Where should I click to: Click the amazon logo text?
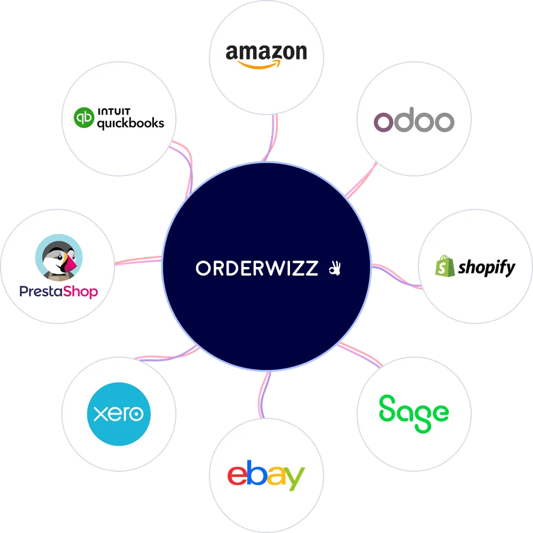pyautogui.click(x=266, y=52)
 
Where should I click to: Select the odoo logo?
pyautogui.click(x=414, y=122)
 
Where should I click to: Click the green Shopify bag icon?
pyautogui.click(x=445, y=266)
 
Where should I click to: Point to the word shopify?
pyautogui.click(x=487, y=268)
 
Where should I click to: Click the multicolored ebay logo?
pyautogui.click(x=266, y=475)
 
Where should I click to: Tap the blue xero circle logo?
pyautogui.click(x=118, y=414)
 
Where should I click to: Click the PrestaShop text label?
pyautogui.click(x=59, y=291)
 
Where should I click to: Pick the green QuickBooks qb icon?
pyautogui.click(x=83, y=118)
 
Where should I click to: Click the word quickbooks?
pyautogui.click(x=130, y=124)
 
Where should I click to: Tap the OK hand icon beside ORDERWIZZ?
pyautogui.click(x=334, y=268)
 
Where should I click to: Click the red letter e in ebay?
pyautogui.click(x=236, y=475)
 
